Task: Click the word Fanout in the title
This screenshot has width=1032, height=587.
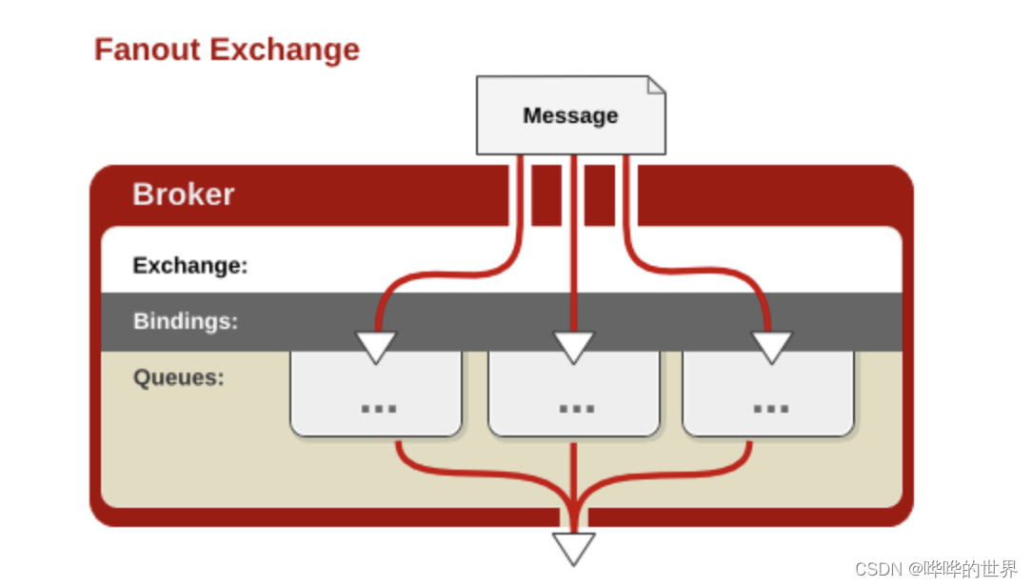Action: tap(148, 49)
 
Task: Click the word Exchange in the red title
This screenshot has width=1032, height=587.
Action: tap(285, 49)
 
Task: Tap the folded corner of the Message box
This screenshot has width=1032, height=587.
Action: tap(656, 86)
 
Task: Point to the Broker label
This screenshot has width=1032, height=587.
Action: tap(183, 194)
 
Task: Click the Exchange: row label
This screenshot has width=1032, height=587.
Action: tap(189, 265)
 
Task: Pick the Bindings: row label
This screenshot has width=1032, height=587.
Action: tap(185, 321)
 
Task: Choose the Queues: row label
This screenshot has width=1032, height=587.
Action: tap(178, 377)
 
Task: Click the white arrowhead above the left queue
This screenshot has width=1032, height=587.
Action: tap(376, 347)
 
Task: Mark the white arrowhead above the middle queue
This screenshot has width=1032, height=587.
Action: tap(574, 347)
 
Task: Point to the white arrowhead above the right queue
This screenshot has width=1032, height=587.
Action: tap(771, 347)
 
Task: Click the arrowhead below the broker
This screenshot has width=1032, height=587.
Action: tap(574, 548)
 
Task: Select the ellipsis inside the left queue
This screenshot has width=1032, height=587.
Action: tap(378, 408)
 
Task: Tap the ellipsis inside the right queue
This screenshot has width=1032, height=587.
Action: tap(770, 408)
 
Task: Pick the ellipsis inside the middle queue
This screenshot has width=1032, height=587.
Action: tap(576, 408)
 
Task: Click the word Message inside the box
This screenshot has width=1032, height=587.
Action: tap(570, 115)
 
